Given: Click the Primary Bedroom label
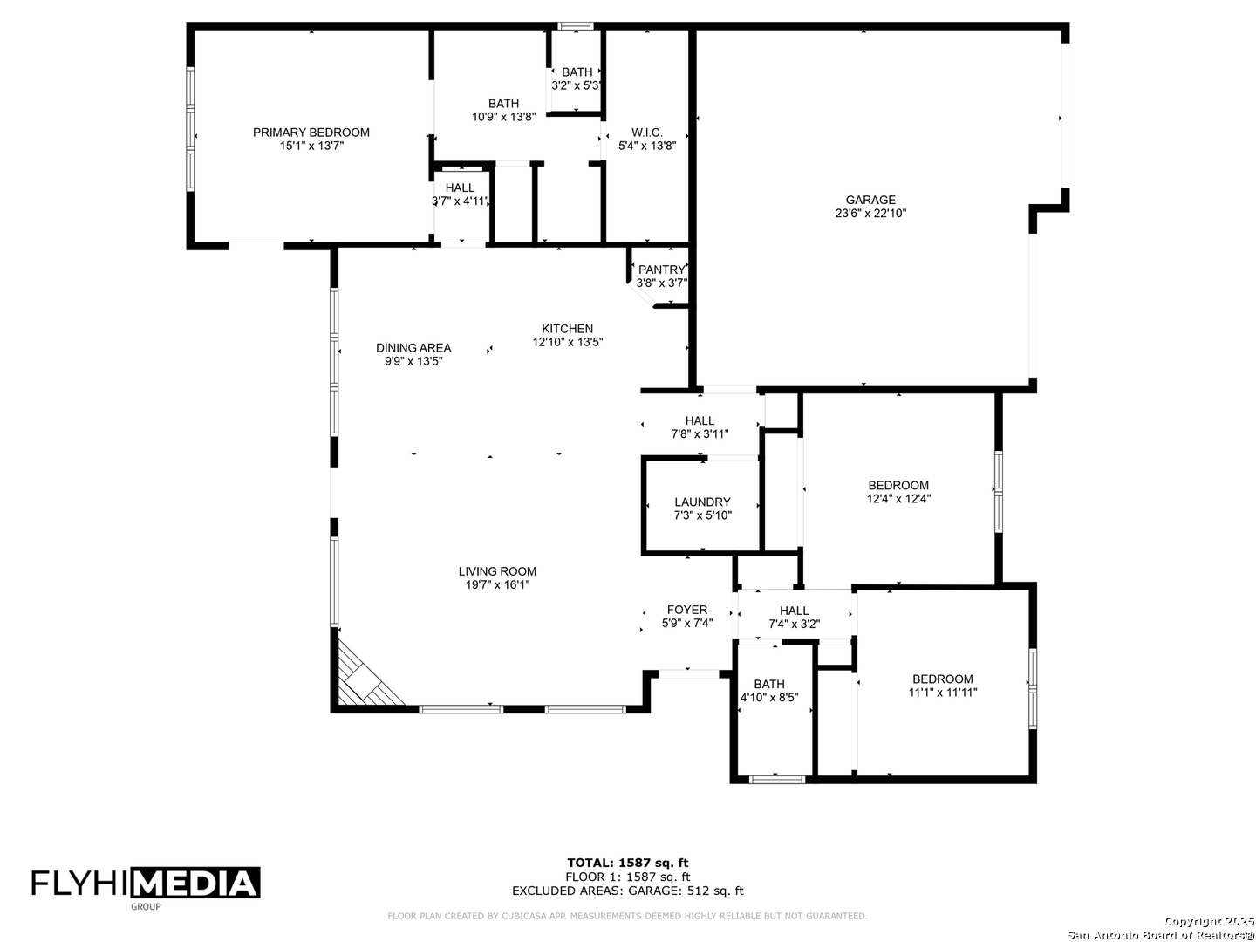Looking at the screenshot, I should [311, 133].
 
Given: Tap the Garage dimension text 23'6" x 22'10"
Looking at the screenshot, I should [870, 213].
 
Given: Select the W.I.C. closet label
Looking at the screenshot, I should [647, 133].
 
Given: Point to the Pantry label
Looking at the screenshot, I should [661, 270].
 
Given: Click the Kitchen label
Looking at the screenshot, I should [567, 329].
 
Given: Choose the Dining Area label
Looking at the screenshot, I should [413, 348].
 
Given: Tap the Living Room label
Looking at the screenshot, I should [497, 572].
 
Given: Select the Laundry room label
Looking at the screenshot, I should [702, 502].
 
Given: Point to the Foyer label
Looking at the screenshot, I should [687, 610].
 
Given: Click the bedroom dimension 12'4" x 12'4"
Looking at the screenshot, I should [898, 499].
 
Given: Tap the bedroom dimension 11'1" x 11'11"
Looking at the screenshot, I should [942, 693].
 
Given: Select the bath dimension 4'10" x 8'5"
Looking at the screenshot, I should [769, 698].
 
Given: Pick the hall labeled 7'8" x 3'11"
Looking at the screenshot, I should [700, 427].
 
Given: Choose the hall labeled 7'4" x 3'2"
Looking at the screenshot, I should [794, 617].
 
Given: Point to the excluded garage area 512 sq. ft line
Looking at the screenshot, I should [627, 891].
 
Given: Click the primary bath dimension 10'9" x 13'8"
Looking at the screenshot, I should [503, 117].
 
